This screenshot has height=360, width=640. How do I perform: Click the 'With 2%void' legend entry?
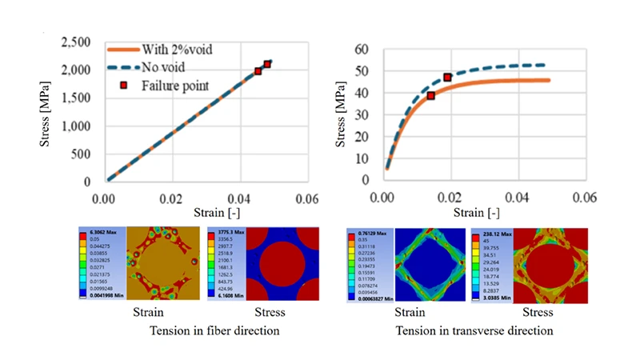(x=177, y=50)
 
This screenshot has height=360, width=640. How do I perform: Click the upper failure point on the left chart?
(x=267, y=64)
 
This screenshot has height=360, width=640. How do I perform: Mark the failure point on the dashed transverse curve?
(x=447, y=78)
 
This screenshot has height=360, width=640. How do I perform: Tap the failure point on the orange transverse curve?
(x=430, y=95)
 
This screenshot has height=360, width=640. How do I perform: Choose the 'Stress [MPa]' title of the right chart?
(x=338, y=115)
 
